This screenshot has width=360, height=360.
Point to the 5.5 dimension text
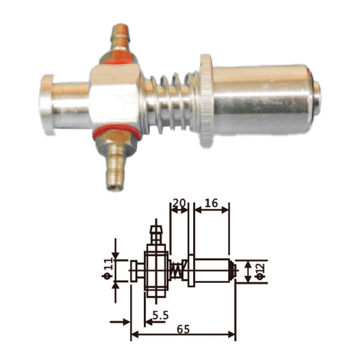click(160, 315)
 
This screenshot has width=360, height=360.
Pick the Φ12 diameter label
click(259, 271)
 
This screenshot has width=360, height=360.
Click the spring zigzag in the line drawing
click(178, 270)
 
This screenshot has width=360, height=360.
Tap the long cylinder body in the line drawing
click(212, 271)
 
